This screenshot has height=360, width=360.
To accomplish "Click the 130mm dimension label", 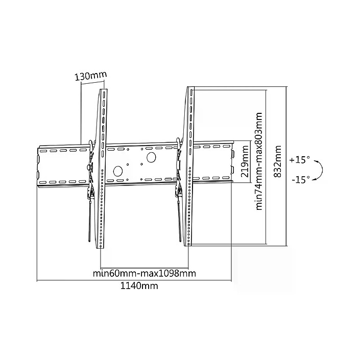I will (x=90, y=76).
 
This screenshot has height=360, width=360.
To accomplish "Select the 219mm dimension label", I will (x=246, y=160).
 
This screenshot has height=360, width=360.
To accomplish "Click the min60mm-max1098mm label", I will (x=145, y=273).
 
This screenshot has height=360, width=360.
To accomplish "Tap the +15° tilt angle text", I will (x=299, y=160).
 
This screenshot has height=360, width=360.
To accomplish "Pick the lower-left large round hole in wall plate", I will (x=117, y=172).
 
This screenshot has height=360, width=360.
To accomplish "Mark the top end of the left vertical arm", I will (x=103, y=91).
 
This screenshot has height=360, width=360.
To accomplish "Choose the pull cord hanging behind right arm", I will (x=179, y=220).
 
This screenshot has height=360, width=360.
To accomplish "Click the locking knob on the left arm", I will (x=89, y=167).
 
